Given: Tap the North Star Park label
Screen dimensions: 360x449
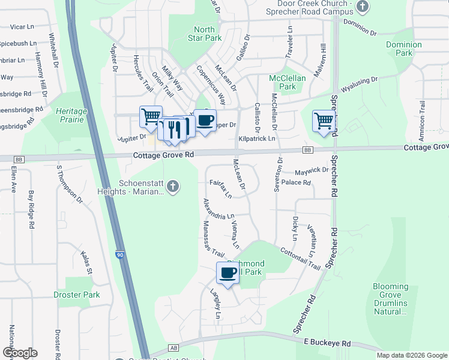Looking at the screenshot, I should pyautogui.click(x=205, y=34).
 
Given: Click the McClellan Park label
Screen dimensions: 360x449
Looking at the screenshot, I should pyautogui.click(x=288, y=82).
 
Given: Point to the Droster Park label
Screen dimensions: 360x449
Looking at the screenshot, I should pyautogui.click(x=76, y=295).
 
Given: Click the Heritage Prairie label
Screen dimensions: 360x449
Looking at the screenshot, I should pyautogui.click(x=71, y=116).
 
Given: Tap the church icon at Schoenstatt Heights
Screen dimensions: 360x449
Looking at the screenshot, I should pyautogui.click(x=173, y=187).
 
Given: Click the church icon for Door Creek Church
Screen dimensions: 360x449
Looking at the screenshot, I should pyautogui.click(x=362, y=7).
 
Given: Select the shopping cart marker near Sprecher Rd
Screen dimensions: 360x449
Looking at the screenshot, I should pyautogui.click(x=324, y=121).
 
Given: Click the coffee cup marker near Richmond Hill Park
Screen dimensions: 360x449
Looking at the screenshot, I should pyautogui.click(x=227, y=273).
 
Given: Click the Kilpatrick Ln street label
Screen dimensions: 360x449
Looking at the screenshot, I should pyautogui.click(x=256, y=139).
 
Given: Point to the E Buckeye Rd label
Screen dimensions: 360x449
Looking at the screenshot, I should pyautogui.click(x=327, y=343).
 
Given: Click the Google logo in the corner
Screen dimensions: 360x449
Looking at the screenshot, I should pyautogui.click(x=20, y=353).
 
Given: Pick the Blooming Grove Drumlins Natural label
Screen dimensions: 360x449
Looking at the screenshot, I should pyautogui.click(x=390, y=299).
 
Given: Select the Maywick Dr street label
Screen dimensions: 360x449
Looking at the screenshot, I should pyautogui.click(x=312, y=170).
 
